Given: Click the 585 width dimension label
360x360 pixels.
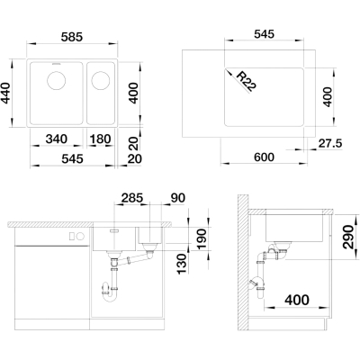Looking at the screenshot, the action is point(71,37).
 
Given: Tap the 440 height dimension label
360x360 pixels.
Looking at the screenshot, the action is point(6,94).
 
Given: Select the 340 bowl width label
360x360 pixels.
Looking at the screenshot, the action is point(57,139).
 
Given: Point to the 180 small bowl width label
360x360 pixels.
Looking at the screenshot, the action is point(100,139).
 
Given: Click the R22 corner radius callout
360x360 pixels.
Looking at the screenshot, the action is point(247,81).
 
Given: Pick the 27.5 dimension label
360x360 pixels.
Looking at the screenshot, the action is point(330,144).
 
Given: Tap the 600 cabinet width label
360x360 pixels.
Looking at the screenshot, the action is point(263,157).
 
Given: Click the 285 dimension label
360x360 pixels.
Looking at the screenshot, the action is point(132,198).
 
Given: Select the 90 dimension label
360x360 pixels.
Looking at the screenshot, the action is point(178,198).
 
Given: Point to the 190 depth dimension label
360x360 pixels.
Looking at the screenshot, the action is point(201,239).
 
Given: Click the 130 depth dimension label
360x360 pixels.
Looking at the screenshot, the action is point(182,264).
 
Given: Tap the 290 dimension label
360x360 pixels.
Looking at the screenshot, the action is point(348,237).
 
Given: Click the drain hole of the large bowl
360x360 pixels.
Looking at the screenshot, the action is point(57,80).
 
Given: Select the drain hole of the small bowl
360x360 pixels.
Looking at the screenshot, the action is point(101,80).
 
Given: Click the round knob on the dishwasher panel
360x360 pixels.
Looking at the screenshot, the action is point(81,237).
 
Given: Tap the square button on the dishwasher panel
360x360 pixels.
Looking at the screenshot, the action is point(72,237).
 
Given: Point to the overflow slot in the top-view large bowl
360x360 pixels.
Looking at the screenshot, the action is point(57,64).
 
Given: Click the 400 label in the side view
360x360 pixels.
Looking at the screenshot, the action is point(297,300).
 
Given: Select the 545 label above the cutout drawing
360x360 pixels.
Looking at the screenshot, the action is point(264,34).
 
